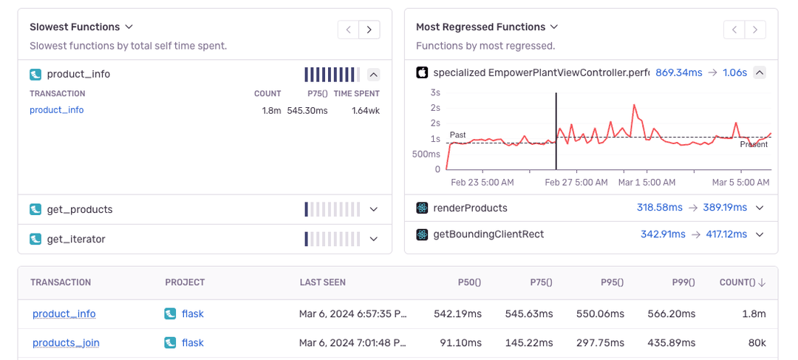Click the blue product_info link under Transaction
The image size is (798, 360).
click(x=56, y=110)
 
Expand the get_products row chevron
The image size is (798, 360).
click(x=373, y=210)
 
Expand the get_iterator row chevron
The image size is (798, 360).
click(x=373, y=240)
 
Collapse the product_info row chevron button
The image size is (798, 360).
click(x=373, y=74)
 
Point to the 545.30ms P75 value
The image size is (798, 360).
click(x=307, y=110)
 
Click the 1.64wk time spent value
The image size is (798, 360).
click(x=366, y=110)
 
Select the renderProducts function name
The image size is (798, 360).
click(x=470, y=208)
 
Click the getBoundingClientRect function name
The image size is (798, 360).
click(x=488, y=234)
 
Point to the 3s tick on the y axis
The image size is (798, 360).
click(x=435, y=92)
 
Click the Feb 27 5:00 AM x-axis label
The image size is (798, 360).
click(x=576, y=182)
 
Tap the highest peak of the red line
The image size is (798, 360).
click(x=634, y=106)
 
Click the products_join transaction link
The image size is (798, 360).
click(x=66, y=343)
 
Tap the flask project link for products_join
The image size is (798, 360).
click(x=192, y=343)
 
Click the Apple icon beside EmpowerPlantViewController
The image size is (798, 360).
click(x=422, y=72)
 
